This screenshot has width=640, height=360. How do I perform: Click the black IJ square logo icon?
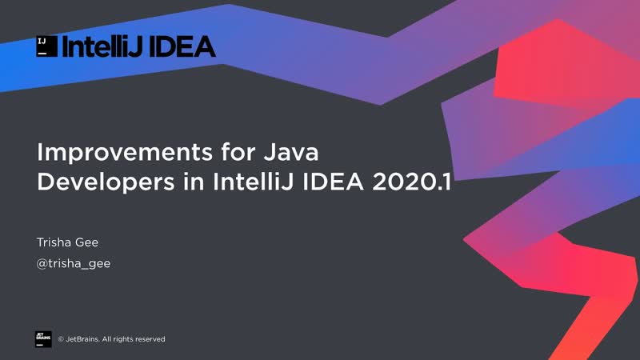(x=46, y=46)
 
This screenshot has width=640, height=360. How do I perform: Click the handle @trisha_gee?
(x=74, y=263)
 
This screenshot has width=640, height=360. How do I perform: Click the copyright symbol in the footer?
(x=61, y=339)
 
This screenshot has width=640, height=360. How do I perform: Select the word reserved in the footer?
(x=149, y=339)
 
